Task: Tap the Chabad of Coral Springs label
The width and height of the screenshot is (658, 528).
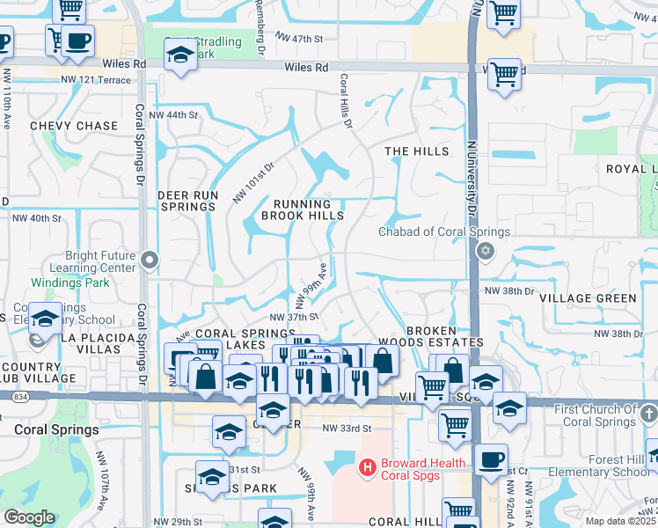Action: pos(444,232)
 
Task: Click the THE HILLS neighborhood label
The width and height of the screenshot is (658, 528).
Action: pos(417,151)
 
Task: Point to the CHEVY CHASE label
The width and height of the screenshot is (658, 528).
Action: pos(74,126)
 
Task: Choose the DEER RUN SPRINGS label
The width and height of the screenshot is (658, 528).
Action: pos(186,201)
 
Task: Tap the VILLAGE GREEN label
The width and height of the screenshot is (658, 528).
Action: pos(589,298)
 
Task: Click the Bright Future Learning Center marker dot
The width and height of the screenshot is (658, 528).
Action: pos(150,260)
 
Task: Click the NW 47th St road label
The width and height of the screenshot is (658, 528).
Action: pos(301,40)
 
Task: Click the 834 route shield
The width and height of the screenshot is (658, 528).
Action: pos(18,397)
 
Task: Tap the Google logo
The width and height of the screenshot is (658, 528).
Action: pos(29,517)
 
